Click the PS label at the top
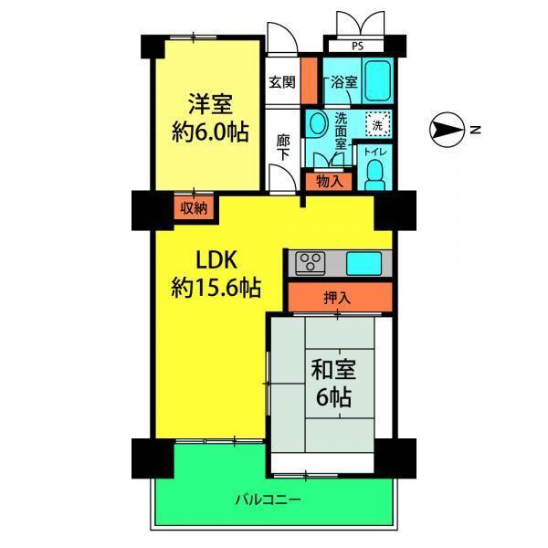coord(357,47)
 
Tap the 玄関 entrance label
coord(281,82)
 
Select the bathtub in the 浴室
coord(377,81)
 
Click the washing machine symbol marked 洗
coord(377,123)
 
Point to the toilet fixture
coord(374,175)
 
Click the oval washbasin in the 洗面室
coord(317,123)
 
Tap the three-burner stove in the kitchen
coord(311,263)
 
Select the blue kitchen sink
coord(364,264)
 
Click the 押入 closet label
coord(337,298)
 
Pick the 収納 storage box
coord(194,208)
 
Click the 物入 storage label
coord(329,182)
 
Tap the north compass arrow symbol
coord(447,130)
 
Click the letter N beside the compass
coord(475,130)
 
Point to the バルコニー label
coord(268,500)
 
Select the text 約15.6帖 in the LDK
coord(216,288)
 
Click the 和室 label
coord(333,369)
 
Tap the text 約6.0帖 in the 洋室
coord(210,132)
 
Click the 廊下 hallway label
coord(282,148)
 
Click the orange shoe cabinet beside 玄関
coord(310,80)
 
